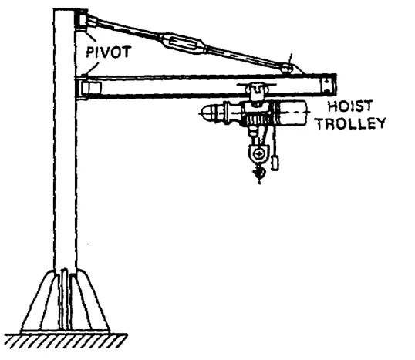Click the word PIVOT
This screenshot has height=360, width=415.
point(109,52)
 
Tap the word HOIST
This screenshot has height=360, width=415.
point(350,106)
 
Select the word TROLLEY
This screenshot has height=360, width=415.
point(351,123)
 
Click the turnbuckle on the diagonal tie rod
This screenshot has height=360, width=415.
point(183,43)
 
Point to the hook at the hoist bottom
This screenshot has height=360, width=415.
point(259,173)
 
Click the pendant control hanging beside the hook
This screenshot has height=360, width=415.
point(275,163)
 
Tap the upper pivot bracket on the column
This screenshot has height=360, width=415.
point(83,20)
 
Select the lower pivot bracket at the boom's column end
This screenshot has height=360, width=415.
point(89,88)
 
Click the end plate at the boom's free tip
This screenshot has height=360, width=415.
point(328,85)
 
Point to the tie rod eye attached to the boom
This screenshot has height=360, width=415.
point(286,69)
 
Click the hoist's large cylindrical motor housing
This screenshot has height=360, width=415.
point(291,113)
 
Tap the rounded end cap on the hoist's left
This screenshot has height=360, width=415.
point(210,113)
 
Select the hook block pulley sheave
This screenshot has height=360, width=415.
point(258,154)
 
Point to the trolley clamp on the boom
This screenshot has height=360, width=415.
point(256,91)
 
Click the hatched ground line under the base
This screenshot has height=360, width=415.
point(66,341)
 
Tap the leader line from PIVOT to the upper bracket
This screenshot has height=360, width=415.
point(89,35)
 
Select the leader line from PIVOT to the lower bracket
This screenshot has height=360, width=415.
point(92,69)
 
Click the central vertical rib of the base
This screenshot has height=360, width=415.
point(64,299)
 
